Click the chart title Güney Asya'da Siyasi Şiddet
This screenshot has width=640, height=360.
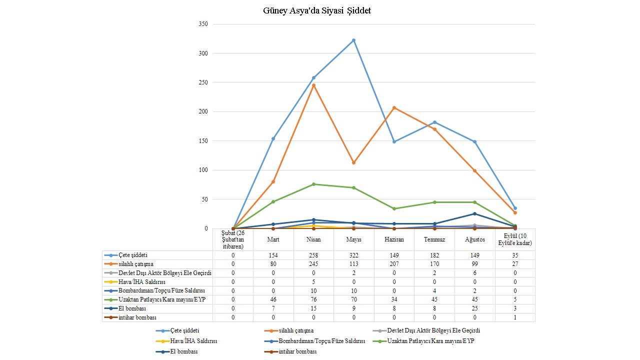tap(317, 10)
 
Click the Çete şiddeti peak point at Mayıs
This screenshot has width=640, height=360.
tap(354, 40)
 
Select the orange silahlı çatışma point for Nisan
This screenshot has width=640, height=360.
tap(313, 85)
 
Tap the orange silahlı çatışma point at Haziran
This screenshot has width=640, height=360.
tap(394, 107)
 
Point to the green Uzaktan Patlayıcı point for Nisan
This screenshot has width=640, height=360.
tap(313, 184)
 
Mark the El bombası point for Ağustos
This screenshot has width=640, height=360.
tap(474, 214)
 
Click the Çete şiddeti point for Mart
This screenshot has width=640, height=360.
tap(273, 138)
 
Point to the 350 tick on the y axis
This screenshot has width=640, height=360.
tap(202, 24)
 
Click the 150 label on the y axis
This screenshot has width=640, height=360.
tap(202, 141)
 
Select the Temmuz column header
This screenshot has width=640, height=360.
tap(434, 239)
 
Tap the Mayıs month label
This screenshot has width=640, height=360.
tap(354, 239)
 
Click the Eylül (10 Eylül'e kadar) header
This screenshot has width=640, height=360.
tap(515, 239)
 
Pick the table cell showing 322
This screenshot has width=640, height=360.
tap(354, 255)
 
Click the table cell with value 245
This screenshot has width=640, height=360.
tap(313, 264)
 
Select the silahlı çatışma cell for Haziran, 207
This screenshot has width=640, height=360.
tap(394, 264)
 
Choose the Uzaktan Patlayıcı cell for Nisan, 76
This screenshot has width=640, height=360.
tap(313, 299)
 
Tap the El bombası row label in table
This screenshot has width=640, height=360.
tap(132, 308)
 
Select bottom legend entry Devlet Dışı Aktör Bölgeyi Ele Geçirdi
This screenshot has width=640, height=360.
tap(433, 330)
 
